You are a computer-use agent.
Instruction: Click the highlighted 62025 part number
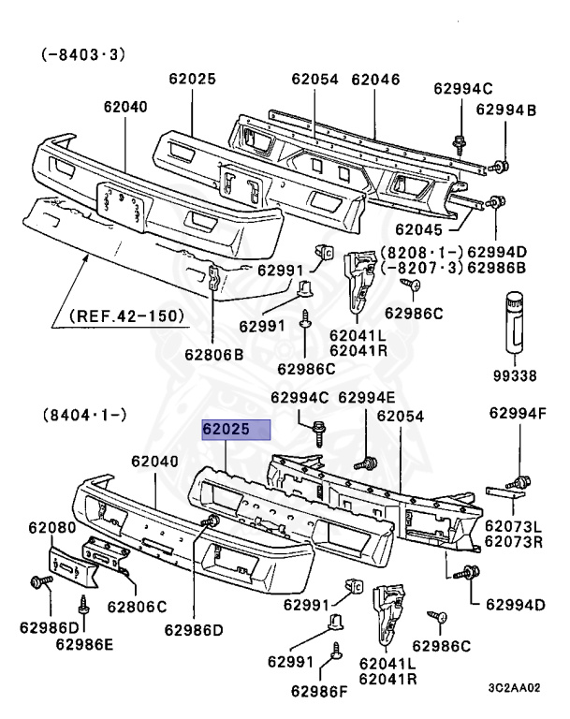(x=236, y=431)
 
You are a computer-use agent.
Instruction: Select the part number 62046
(x=376, y=81)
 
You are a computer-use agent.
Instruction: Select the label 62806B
(x=214, y=355)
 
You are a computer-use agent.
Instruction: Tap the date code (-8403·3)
(x=82, y=55)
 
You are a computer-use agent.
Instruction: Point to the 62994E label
(x=367, y=398)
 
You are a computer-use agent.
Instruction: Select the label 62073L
(x=514, y=527)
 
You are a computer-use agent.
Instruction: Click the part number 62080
(x=51, y=528)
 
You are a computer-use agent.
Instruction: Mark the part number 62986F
(x=320, y=691)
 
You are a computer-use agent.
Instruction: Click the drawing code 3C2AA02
(x=514, y=688)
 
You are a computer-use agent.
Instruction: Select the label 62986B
(x=497, y=267)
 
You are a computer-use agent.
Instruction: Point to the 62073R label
(x=514, y=542)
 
